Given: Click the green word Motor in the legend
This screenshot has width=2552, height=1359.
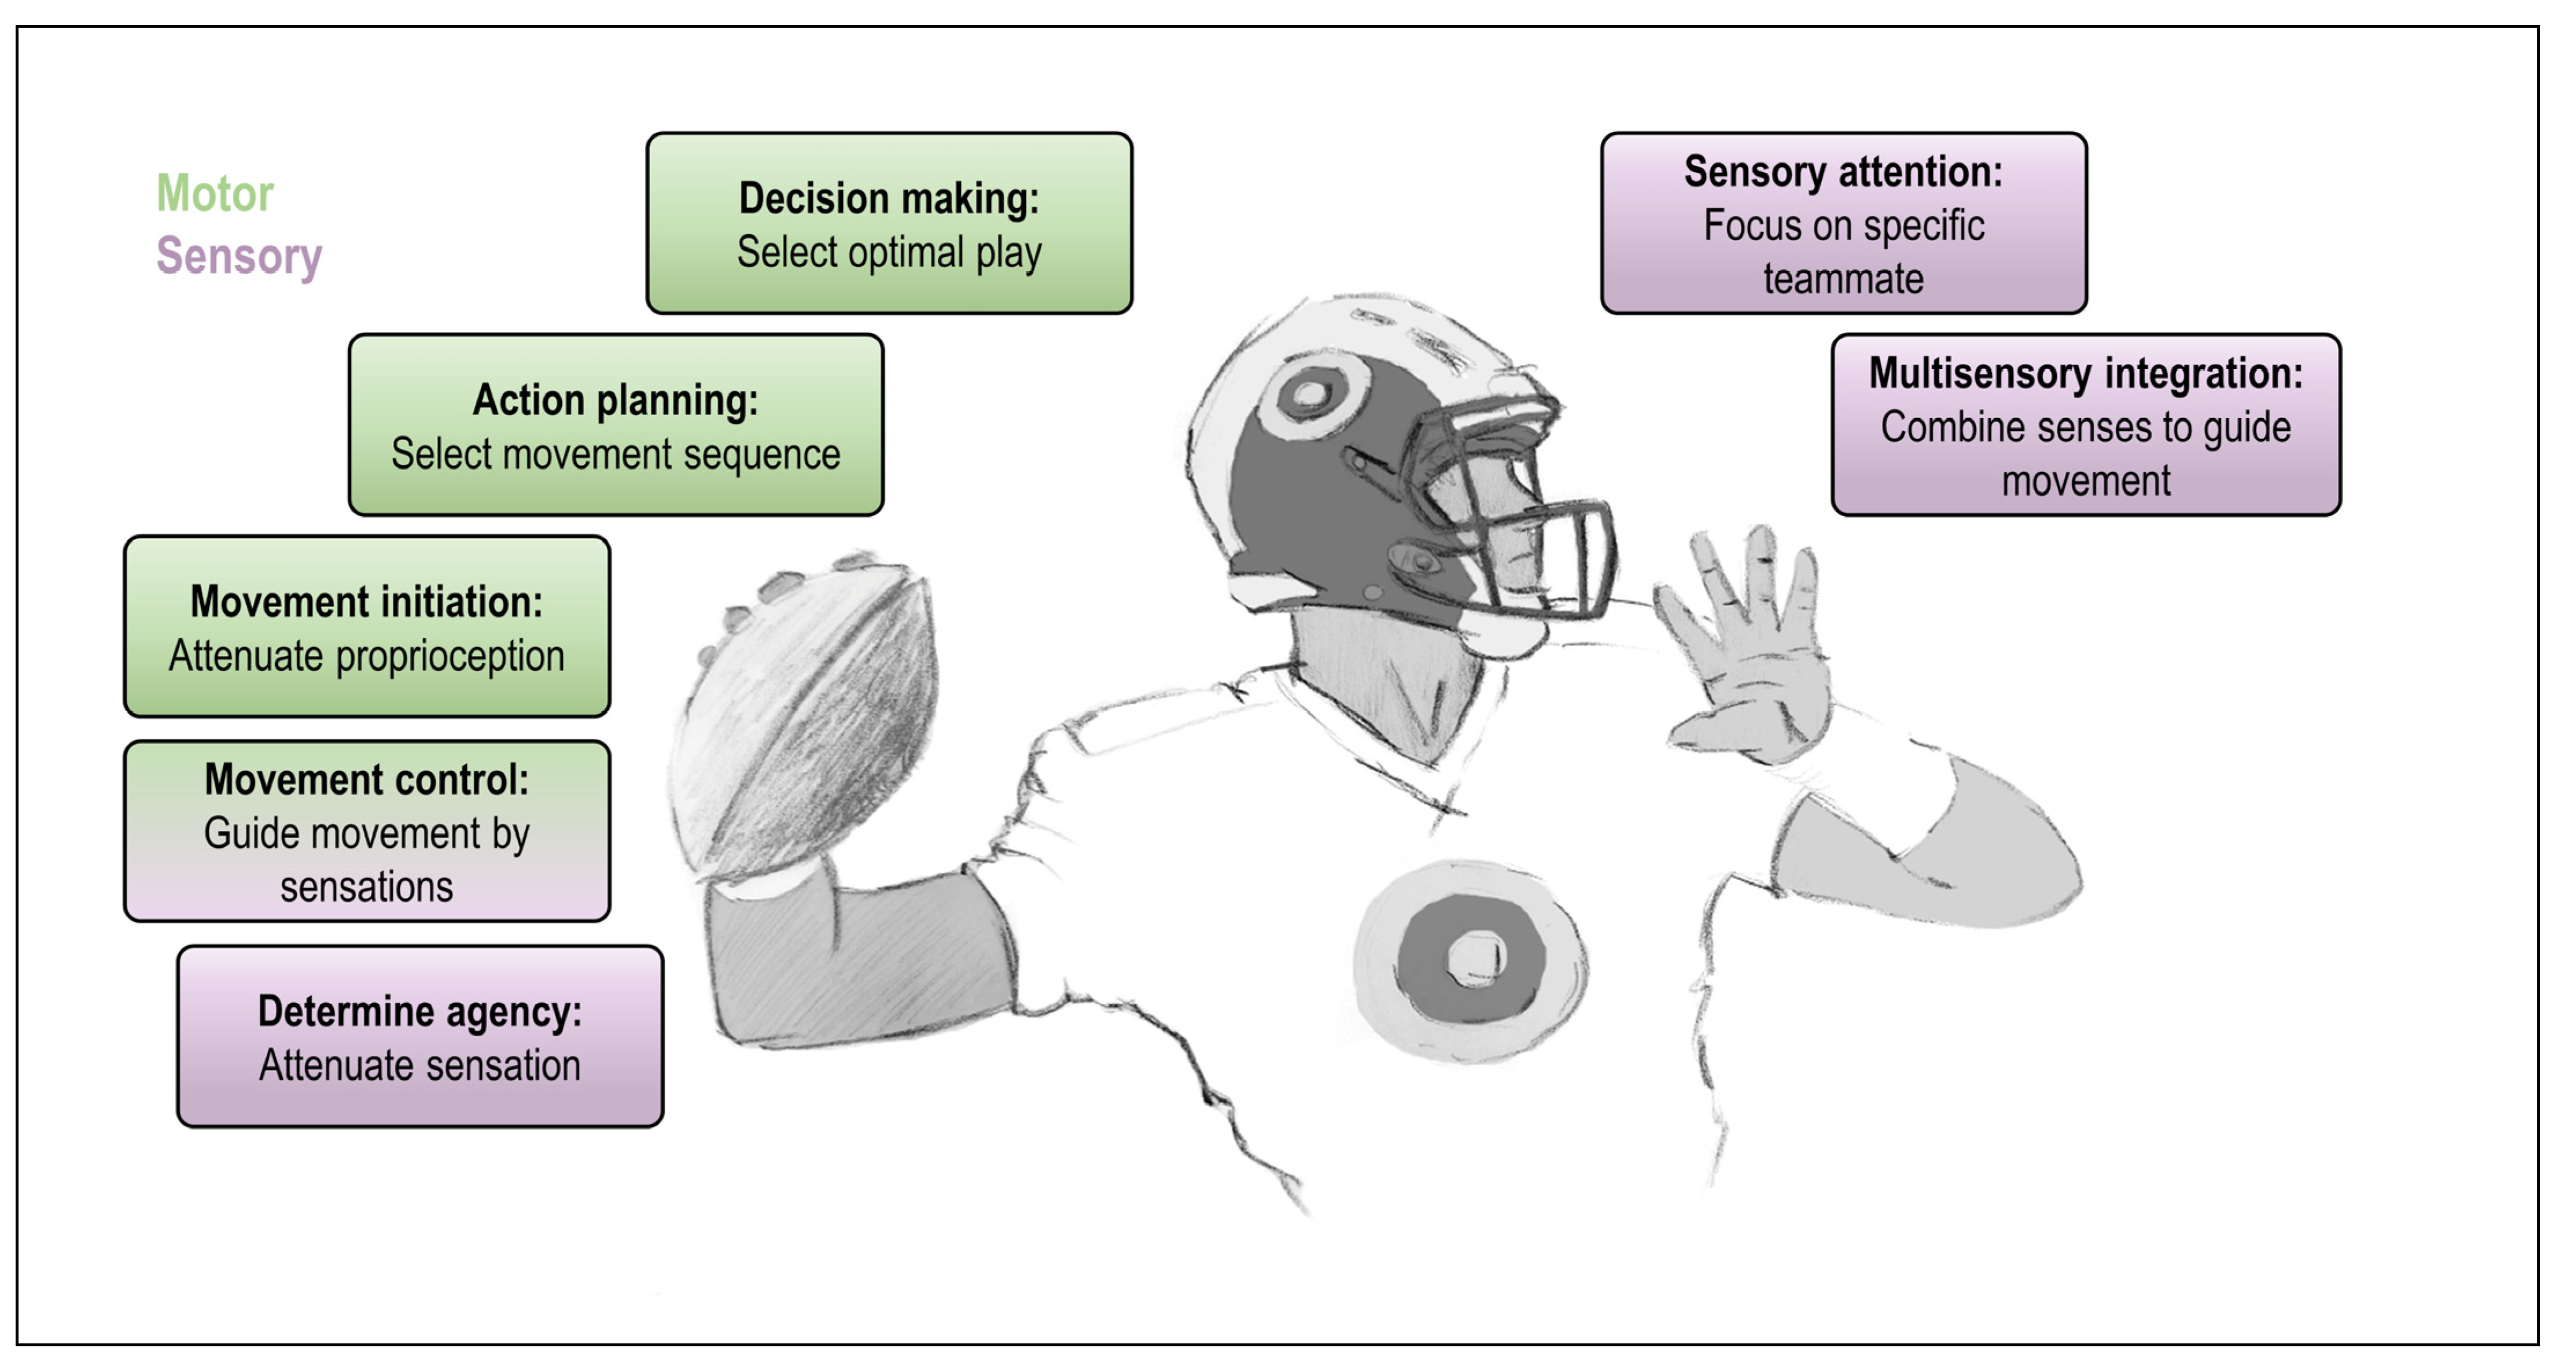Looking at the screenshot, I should tap(214, 193).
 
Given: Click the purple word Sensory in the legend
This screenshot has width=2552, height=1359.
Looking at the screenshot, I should tap(239, 257).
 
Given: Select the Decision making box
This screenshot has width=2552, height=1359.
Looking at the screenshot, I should tap(889, 223).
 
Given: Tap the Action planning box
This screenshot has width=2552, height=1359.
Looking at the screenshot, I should tap(615, 425).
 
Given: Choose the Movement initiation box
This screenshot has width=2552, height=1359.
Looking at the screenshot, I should tap(367, 626).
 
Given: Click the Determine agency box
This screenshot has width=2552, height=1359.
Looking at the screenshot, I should tap(420, 1036).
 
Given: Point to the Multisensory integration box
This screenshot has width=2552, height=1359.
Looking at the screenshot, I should tap(2085, 425).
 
